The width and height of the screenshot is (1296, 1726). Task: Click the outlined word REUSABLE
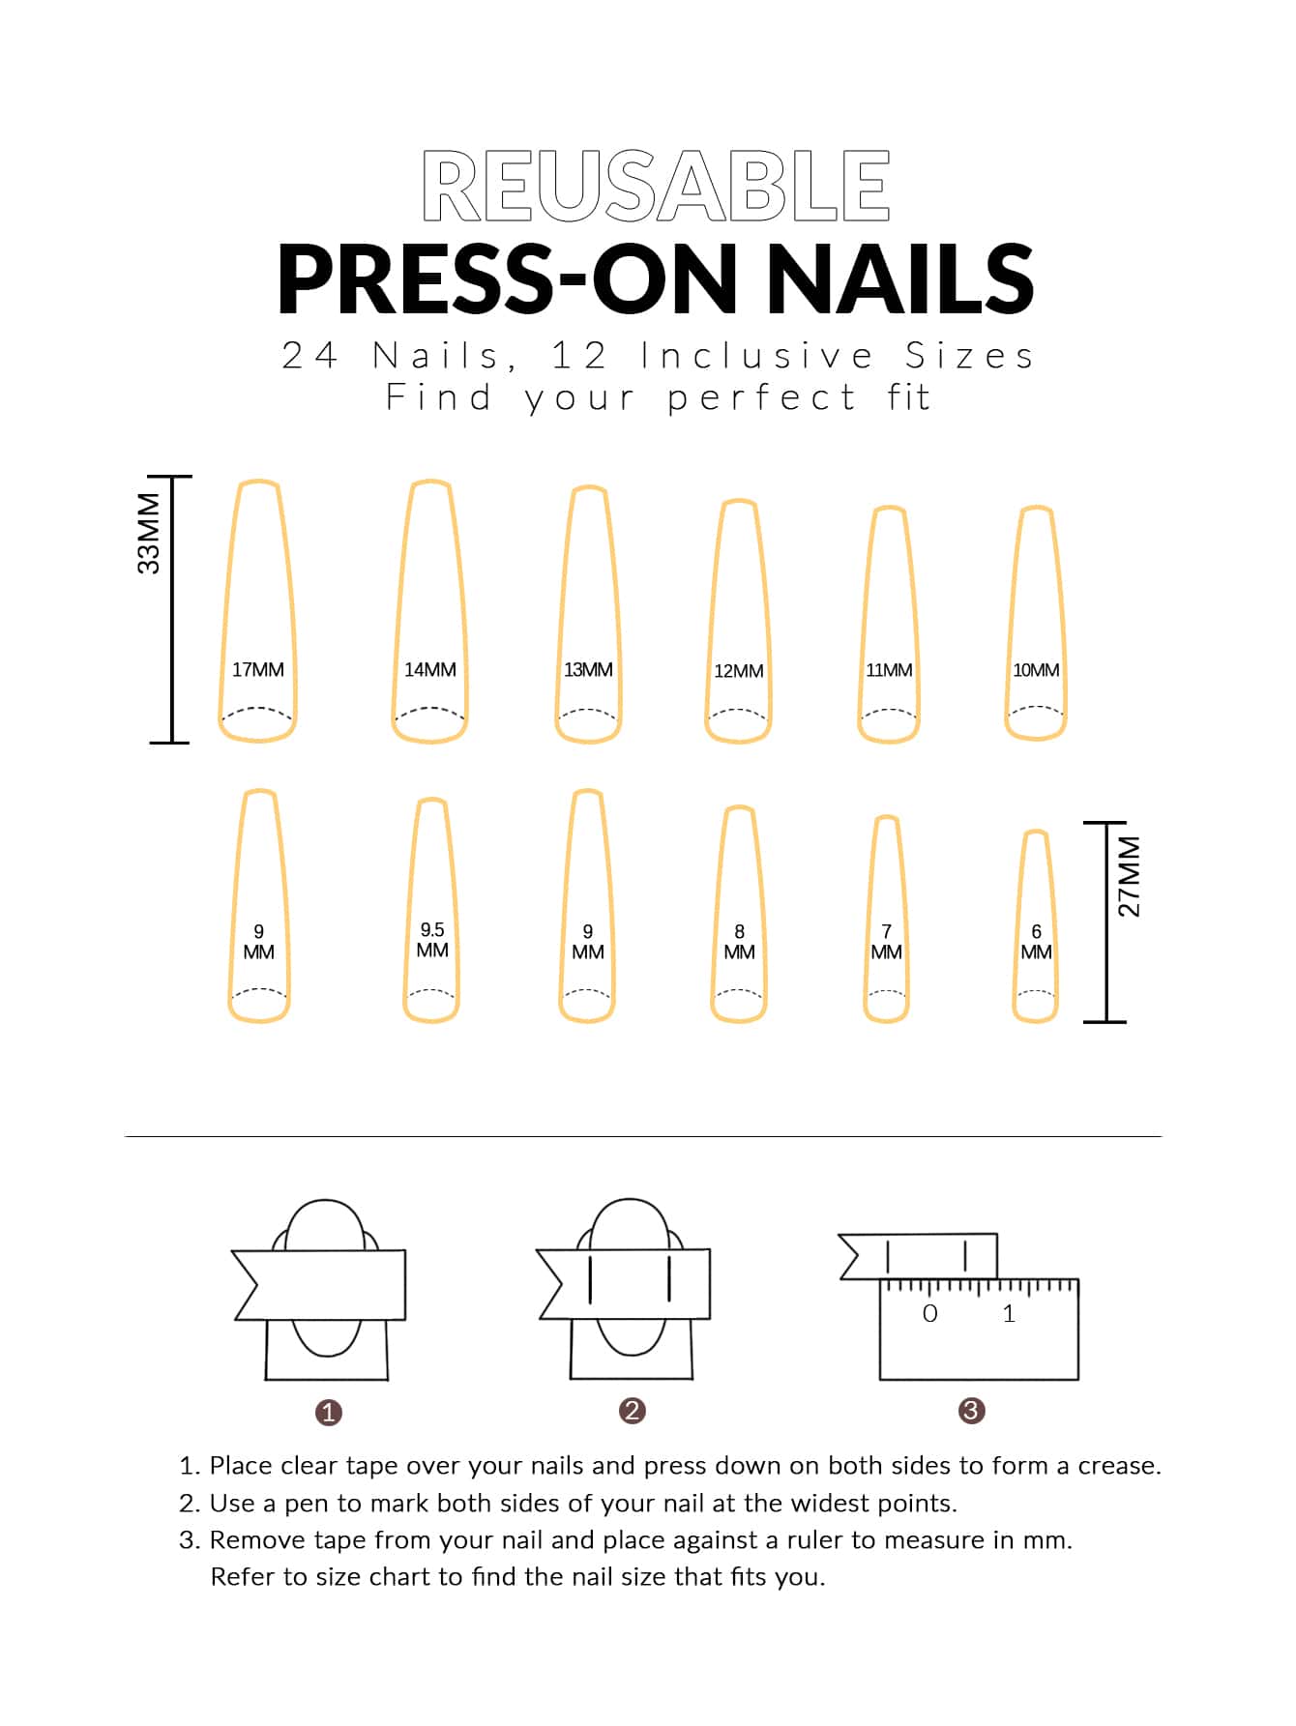coord(656,186)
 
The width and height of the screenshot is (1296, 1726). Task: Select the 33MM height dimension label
coord(149,533)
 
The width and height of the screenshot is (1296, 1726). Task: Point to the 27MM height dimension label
coord(1129,876)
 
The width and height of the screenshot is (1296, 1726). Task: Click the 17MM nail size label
coord(258,669)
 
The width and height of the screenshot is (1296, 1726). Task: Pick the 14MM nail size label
coord(430,669)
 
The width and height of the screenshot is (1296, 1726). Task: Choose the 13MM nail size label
coord(588,669)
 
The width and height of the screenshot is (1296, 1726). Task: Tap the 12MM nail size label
coord(739,671)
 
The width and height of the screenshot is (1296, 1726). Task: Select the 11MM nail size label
coord(889,669)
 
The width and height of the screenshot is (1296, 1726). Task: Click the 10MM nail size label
coord(1036,669)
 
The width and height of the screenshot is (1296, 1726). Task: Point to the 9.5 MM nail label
coord(432,940)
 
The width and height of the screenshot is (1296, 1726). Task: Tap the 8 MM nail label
coord(740,942)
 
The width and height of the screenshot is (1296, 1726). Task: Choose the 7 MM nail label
coord(887,942)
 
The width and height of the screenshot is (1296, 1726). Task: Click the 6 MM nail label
coord(1037,942)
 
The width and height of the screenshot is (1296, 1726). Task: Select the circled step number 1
coord(329,1413)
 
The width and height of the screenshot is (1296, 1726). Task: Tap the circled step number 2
coord(633,1411)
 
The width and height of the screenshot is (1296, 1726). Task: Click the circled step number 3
coord(971,1411)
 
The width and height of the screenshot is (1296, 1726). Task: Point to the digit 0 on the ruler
coord(930,1313)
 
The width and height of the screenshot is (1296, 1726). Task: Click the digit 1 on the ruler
coord(1009,1313)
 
